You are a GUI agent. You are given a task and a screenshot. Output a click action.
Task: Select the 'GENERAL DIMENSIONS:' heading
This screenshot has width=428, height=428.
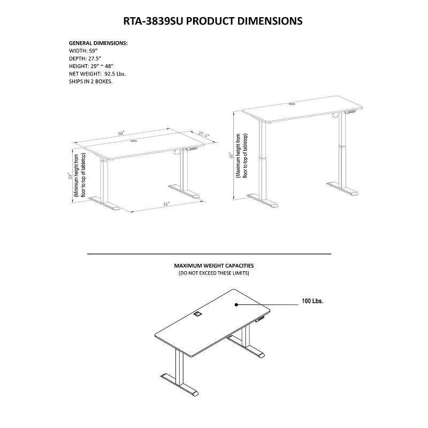tap(98, 43)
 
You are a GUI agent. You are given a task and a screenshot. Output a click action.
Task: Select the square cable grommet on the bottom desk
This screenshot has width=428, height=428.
tap(197, 315)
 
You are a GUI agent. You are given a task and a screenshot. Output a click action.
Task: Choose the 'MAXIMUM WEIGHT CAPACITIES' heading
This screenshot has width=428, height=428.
tap(213, 265)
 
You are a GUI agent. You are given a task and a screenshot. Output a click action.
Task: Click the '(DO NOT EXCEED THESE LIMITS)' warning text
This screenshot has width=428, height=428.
tap(213, 273)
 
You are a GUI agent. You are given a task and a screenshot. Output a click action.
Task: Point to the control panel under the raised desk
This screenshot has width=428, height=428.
tap(351, 112)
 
